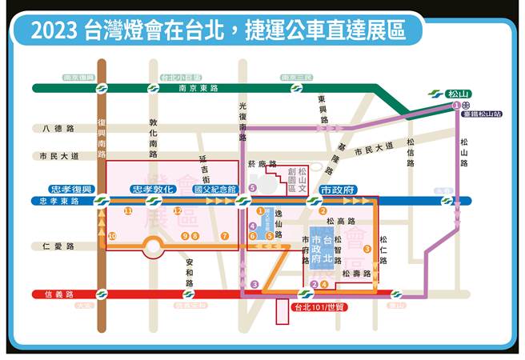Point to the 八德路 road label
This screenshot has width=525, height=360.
(x=59, y=128)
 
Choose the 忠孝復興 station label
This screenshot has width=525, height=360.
(x=73, y=190)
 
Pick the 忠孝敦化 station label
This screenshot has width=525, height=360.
(x=152, y=190)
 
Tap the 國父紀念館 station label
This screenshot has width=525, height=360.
(x=214, y=190)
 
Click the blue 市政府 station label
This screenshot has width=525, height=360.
(x=339, y=190)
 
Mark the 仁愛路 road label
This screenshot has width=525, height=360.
(x=59, y=247)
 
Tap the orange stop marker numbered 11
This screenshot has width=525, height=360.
(x=128, y=210)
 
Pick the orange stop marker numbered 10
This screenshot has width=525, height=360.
(x=112, y=236)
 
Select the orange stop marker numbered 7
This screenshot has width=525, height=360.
(x=226, y=236)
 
